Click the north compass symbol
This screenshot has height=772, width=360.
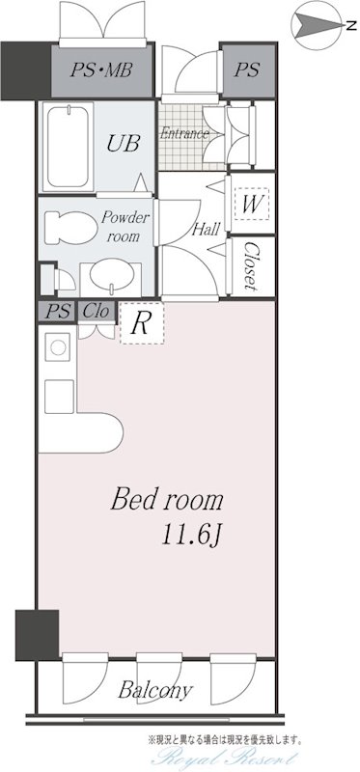click(318, 26)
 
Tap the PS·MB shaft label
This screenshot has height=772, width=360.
click(100, 69)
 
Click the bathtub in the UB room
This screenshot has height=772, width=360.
click(68, 147)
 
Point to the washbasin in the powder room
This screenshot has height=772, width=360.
click(110, 278)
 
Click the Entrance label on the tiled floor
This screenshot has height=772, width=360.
click(184, 133)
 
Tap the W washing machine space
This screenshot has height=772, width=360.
click(252, 204)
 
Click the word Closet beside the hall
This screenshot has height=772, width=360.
click(250, 266)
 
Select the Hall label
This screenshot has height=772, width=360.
click(206, 229)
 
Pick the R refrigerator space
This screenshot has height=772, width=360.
click(142, 323)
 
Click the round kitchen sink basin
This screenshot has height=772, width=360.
click(58, 347)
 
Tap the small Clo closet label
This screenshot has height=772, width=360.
click(96, 311)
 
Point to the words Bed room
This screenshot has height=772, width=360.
click(167, 500)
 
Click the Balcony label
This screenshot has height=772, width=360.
click(155, 690)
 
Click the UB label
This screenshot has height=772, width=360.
click(124, 143)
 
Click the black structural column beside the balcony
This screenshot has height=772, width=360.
click(37, 635)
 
